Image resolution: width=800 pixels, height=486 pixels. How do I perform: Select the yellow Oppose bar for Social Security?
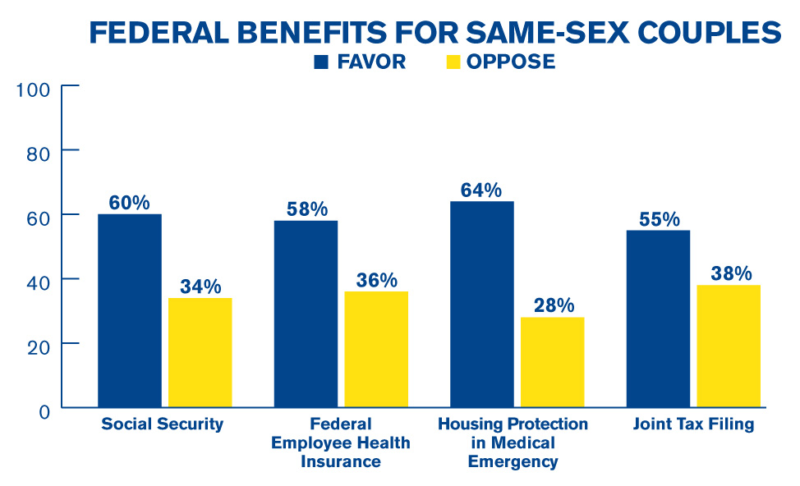(x=200, y=352)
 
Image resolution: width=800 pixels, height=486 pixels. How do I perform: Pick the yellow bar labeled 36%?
(x=376, y=349)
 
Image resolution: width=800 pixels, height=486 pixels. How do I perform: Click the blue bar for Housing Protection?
(x=482, y=304)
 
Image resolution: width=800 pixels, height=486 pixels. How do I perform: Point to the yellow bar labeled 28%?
(x=553, y=362)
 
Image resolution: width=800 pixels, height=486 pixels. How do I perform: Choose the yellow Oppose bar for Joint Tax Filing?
(x=729, y=346)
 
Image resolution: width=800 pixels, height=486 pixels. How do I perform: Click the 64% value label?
(x=481, y=190)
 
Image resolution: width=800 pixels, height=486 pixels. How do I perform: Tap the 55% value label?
(x=659, y=219)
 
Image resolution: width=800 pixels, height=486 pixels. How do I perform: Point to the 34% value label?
(x=200, y=287)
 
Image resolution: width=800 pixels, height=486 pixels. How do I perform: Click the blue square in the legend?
(x=321, y=62)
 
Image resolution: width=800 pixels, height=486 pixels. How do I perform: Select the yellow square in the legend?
(x=451, y=62)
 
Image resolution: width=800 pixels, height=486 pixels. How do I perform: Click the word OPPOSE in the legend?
(x=511, y=62)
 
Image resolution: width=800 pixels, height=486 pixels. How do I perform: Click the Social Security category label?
(x=163, y=424)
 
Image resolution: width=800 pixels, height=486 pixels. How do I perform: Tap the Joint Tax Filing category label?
(x=693, y=424)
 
